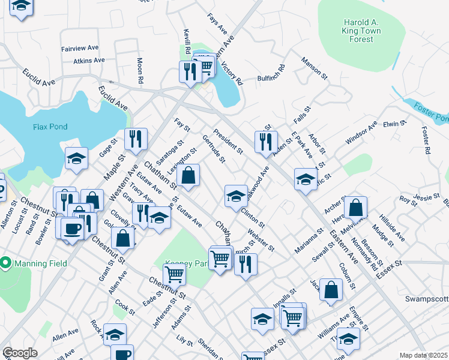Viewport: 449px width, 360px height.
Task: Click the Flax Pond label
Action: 50,127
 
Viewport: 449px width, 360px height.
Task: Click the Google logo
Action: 19,353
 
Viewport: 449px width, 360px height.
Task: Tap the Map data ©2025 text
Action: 423,355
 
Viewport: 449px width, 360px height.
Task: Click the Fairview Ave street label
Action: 79,47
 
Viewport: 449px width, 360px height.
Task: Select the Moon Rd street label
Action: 140,70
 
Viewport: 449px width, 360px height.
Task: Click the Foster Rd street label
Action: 426,140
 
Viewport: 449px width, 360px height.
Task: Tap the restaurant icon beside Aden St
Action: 265,142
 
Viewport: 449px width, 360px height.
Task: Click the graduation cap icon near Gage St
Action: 77,158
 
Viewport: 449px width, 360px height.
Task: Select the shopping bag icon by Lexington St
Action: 188,175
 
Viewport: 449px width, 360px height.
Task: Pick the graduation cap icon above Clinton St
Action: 236,195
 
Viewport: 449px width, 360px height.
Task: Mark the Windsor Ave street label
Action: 361,135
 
